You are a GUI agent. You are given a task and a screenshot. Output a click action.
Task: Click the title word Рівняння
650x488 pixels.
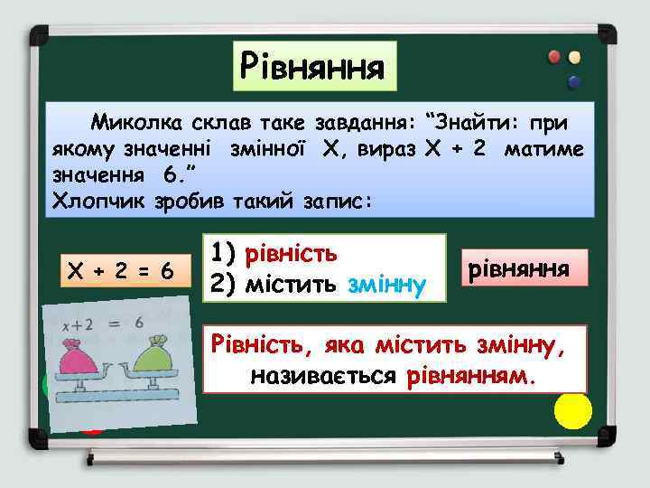(x=312, y=65)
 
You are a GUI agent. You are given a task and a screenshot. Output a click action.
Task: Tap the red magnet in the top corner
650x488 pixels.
(x=553, y=57)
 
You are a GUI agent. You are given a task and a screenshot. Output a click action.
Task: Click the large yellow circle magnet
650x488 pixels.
(x=573, y=409)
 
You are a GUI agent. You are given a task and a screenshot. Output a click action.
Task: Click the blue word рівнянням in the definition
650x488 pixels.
(x=478, y=374)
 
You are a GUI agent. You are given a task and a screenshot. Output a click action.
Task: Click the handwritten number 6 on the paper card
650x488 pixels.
(x=138, y=323)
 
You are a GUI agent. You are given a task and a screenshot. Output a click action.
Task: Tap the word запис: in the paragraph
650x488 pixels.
(x=332, y=200)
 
